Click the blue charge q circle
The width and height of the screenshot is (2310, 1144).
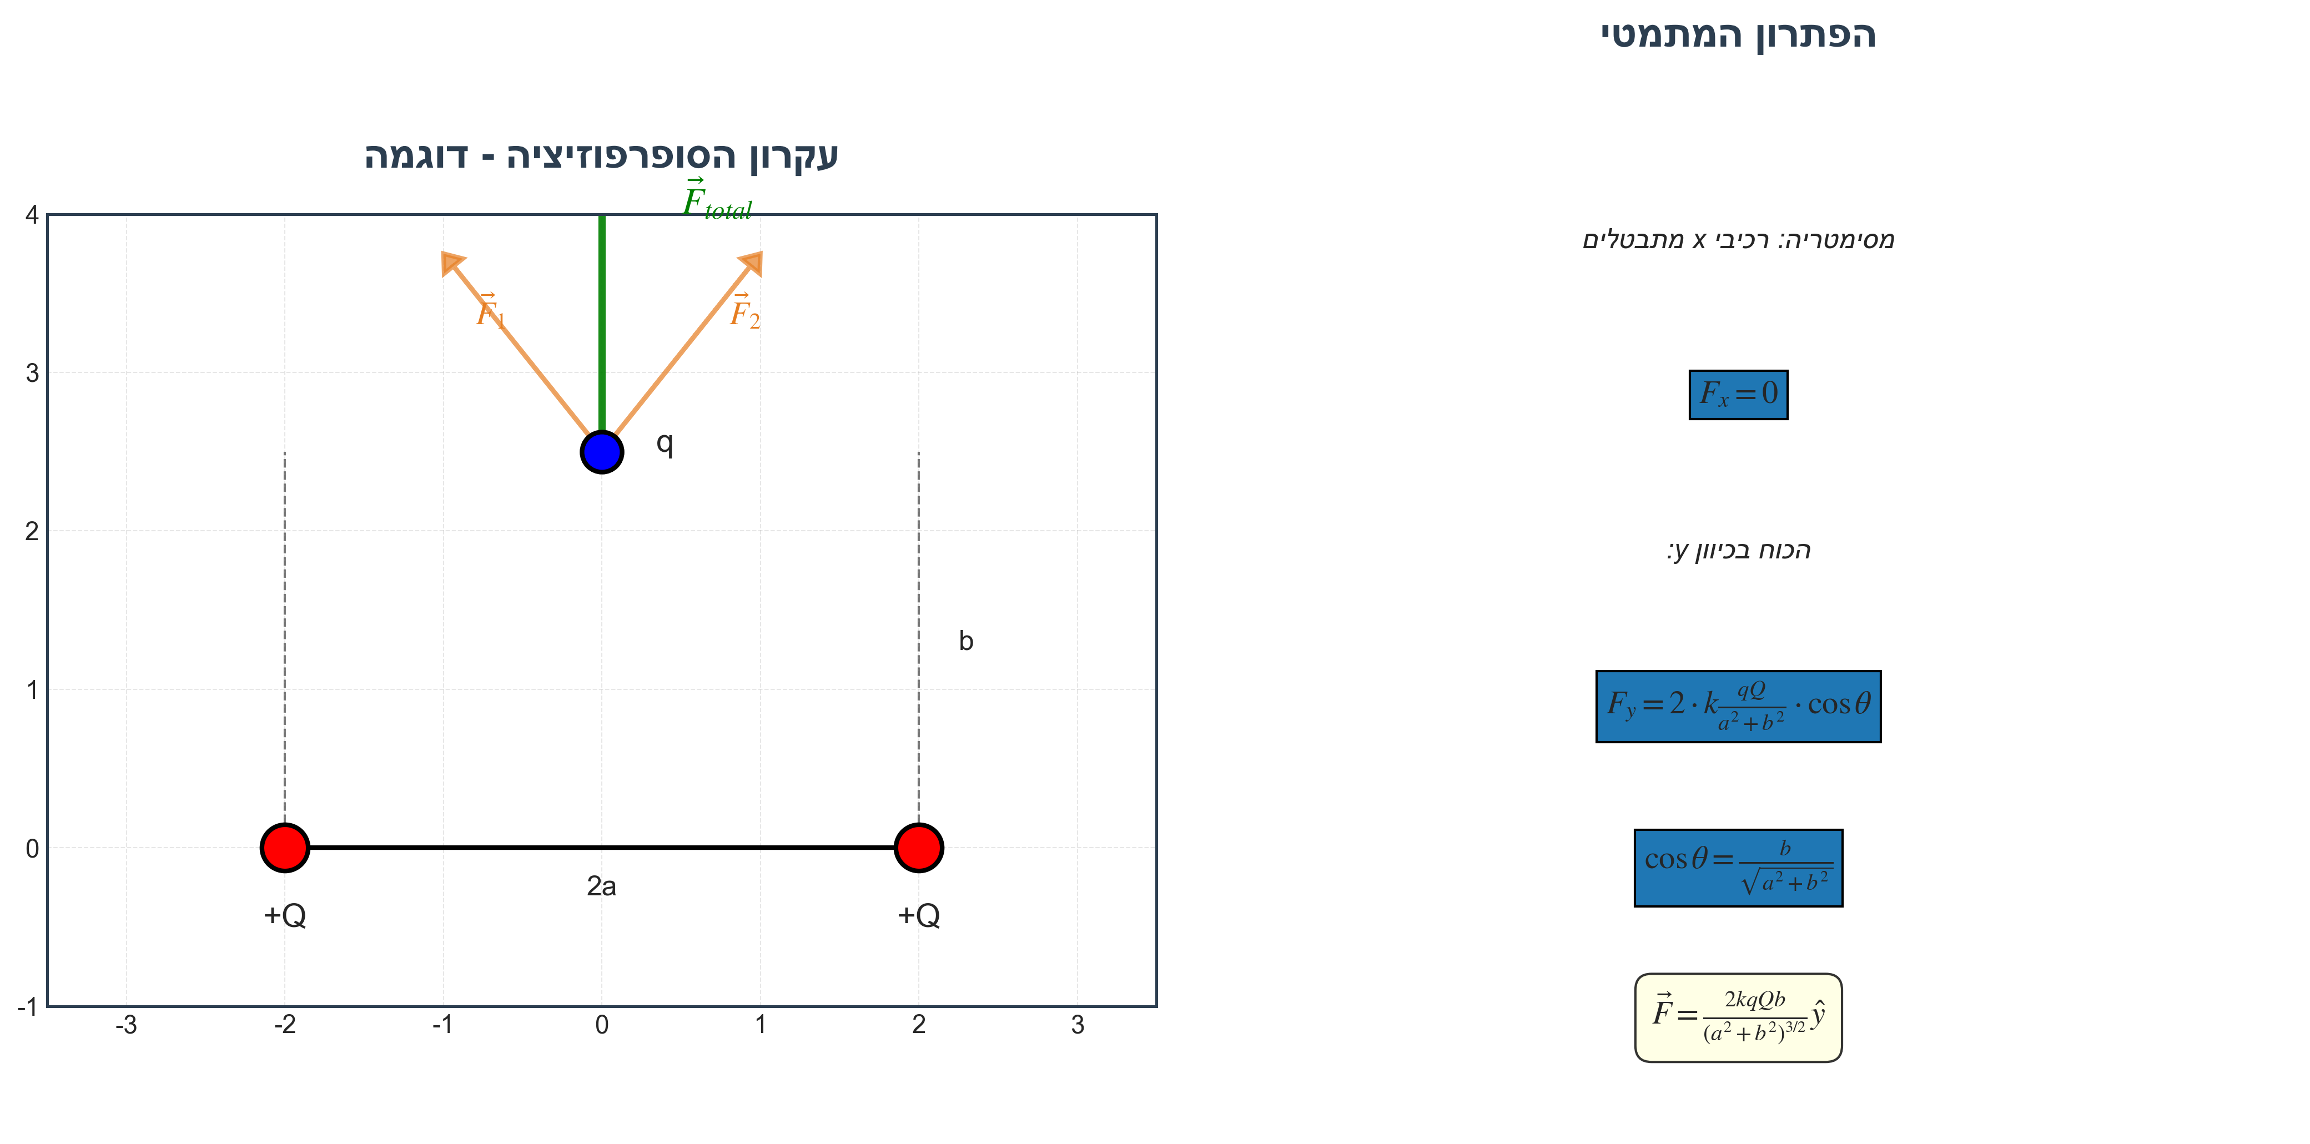602,452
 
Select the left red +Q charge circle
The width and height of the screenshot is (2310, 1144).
285,847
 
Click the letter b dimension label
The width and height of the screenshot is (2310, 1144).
966,641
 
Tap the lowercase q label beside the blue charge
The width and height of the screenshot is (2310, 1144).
665,443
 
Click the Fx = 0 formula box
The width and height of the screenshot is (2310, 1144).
1738,395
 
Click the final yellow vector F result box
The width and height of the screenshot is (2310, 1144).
1738,1017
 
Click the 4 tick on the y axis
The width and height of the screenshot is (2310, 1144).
32,215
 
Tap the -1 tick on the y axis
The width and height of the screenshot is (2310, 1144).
28,1007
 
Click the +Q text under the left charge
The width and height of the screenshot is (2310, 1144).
285,915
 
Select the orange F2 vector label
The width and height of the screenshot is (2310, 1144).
744,312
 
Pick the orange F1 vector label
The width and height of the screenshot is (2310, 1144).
491,312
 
